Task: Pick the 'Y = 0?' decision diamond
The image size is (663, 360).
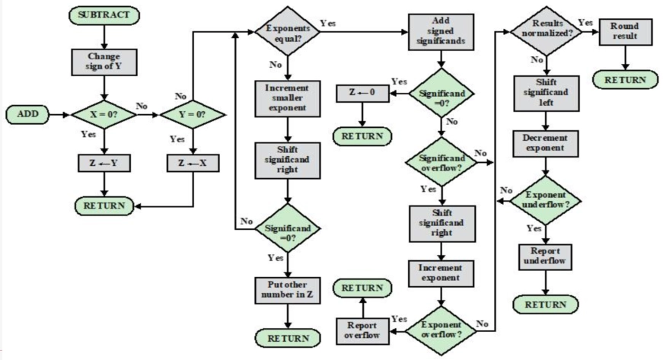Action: (x=193, y=116)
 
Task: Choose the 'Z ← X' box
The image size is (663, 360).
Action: (x=193, y=164)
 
